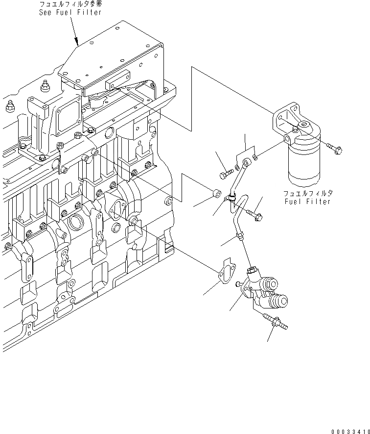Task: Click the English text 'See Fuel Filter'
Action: point(70,12)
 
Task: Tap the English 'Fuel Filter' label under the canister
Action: point(308,201)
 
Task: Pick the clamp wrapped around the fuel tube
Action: point(230,199)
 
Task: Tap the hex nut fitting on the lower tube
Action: point(240,237)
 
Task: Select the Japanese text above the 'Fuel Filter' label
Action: point(308,193)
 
